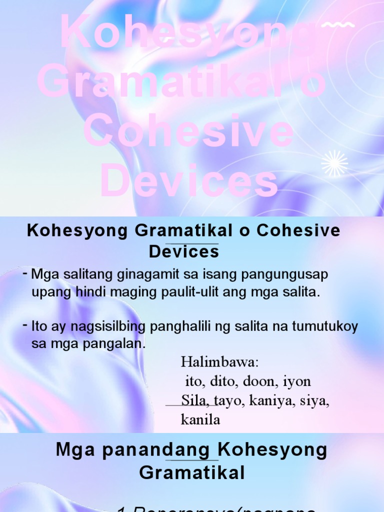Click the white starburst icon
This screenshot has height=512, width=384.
[334, 163]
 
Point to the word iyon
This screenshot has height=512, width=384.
[297, 381]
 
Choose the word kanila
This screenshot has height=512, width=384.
[200, 419]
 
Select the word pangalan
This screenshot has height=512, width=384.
[111, 344]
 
